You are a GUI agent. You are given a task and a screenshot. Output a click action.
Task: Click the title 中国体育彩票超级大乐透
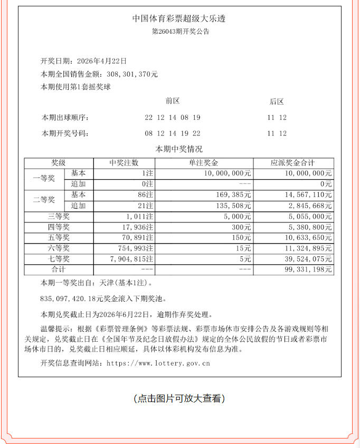[180, 19]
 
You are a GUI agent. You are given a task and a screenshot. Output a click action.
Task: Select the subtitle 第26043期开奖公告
[180, 32]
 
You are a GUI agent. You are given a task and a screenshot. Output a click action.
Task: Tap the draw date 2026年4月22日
[101, 61]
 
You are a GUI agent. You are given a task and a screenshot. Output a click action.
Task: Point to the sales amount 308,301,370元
[134, 74]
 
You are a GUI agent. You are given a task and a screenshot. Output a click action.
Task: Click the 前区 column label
[173, 101]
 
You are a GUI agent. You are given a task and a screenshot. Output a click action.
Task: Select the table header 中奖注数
[124, 163]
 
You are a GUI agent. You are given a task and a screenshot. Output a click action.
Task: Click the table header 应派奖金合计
[293, 163]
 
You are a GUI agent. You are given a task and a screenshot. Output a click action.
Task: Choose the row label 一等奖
[44, 179]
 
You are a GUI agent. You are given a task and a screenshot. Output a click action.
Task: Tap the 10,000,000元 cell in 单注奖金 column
[228, 173]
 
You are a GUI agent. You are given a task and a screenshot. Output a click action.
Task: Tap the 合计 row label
[59, 269]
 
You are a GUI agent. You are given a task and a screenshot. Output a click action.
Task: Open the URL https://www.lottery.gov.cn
[158, 363]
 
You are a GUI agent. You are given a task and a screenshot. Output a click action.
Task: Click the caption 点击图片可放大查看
[179, 398]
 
